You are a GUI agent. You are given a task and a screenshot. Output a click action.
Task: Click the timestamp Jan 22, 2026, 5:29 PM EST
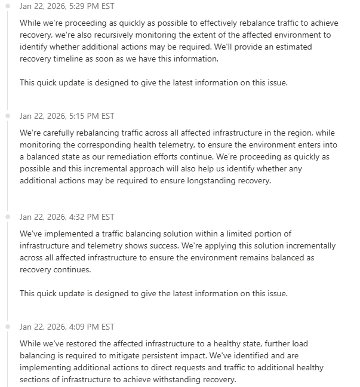[x=67, y=6]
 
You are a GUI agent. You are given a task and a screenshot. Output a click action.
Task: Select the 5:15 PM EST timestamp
[x=67, y=116]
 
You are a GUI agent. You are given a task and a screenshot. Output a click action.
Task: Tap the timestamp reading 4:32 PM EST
[x=67, y=217]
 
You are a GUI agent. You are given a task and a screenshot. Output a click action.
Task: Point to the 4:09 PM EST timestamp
[x=67, y=327]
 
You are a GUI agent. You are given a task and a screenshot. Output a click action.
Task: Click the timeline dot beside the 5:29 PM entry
[x=8, y=6]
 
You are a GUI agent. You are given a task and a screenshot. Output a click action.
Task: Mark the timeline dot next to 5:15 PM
[x=8, y=116]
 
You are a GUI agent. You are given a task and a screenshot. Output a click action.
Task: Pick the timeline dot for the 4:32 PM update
[x=8, y=217]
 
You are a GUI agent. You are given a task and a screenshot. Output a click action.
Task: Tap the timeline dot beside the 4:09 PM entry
[x=8, y=327]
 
